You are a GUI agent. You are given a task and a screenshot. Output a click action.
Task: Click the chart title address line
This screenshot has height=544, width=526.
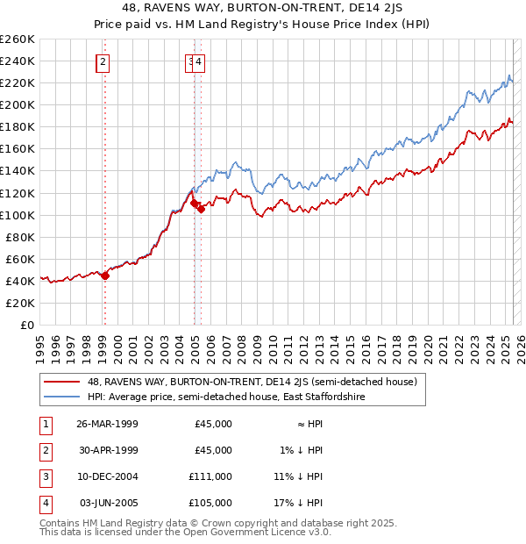pyautogui.click(x=262, y=11)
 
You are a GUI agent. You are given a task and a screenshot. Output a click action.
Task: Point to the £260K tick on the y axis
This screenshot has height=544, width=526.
pyautogui.click(x=18, y=39)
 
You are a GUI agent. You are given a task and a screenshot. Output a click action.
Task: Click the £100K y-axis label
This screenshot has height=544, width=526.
pyautogui.click(x=18, y=215)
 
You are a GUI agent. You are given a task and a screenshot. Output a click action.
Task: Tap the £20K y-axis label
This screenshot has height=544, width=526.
pyautogui.click(x=21, y=303)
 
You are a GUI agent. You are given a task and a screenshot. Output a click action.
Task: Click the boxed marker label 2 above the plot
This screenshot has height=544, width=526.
pyautogui.click(x=103, y=61)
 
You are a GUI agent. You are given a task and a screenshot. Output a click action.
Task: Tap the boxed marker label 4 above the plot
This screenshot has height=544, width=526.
pyautogui.click(x=200, y=61)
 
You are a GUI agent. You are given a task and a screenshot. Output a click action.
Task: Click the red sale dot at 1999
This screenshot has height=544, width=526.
pyautogui.click(x=105, y=275)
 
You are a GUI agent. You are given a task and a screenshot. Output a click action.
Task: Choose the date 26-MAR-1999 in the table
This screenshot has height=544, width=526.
pyautogui.click(x=107, y=424)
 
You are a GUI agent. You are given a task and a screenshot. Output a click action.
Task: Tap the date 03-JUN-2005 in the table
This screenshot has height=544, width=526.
pyautogui.click(x=108, y=503)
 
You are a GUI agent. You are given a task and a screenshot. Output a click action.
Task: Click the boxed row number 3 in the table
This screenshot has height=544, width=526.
pyautogui.click(x=44, y=476)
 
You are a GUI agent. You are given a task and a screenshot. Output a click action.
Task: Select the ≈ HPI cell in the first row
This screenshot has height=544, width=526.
pyautogui.click(x=307, y=424)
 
